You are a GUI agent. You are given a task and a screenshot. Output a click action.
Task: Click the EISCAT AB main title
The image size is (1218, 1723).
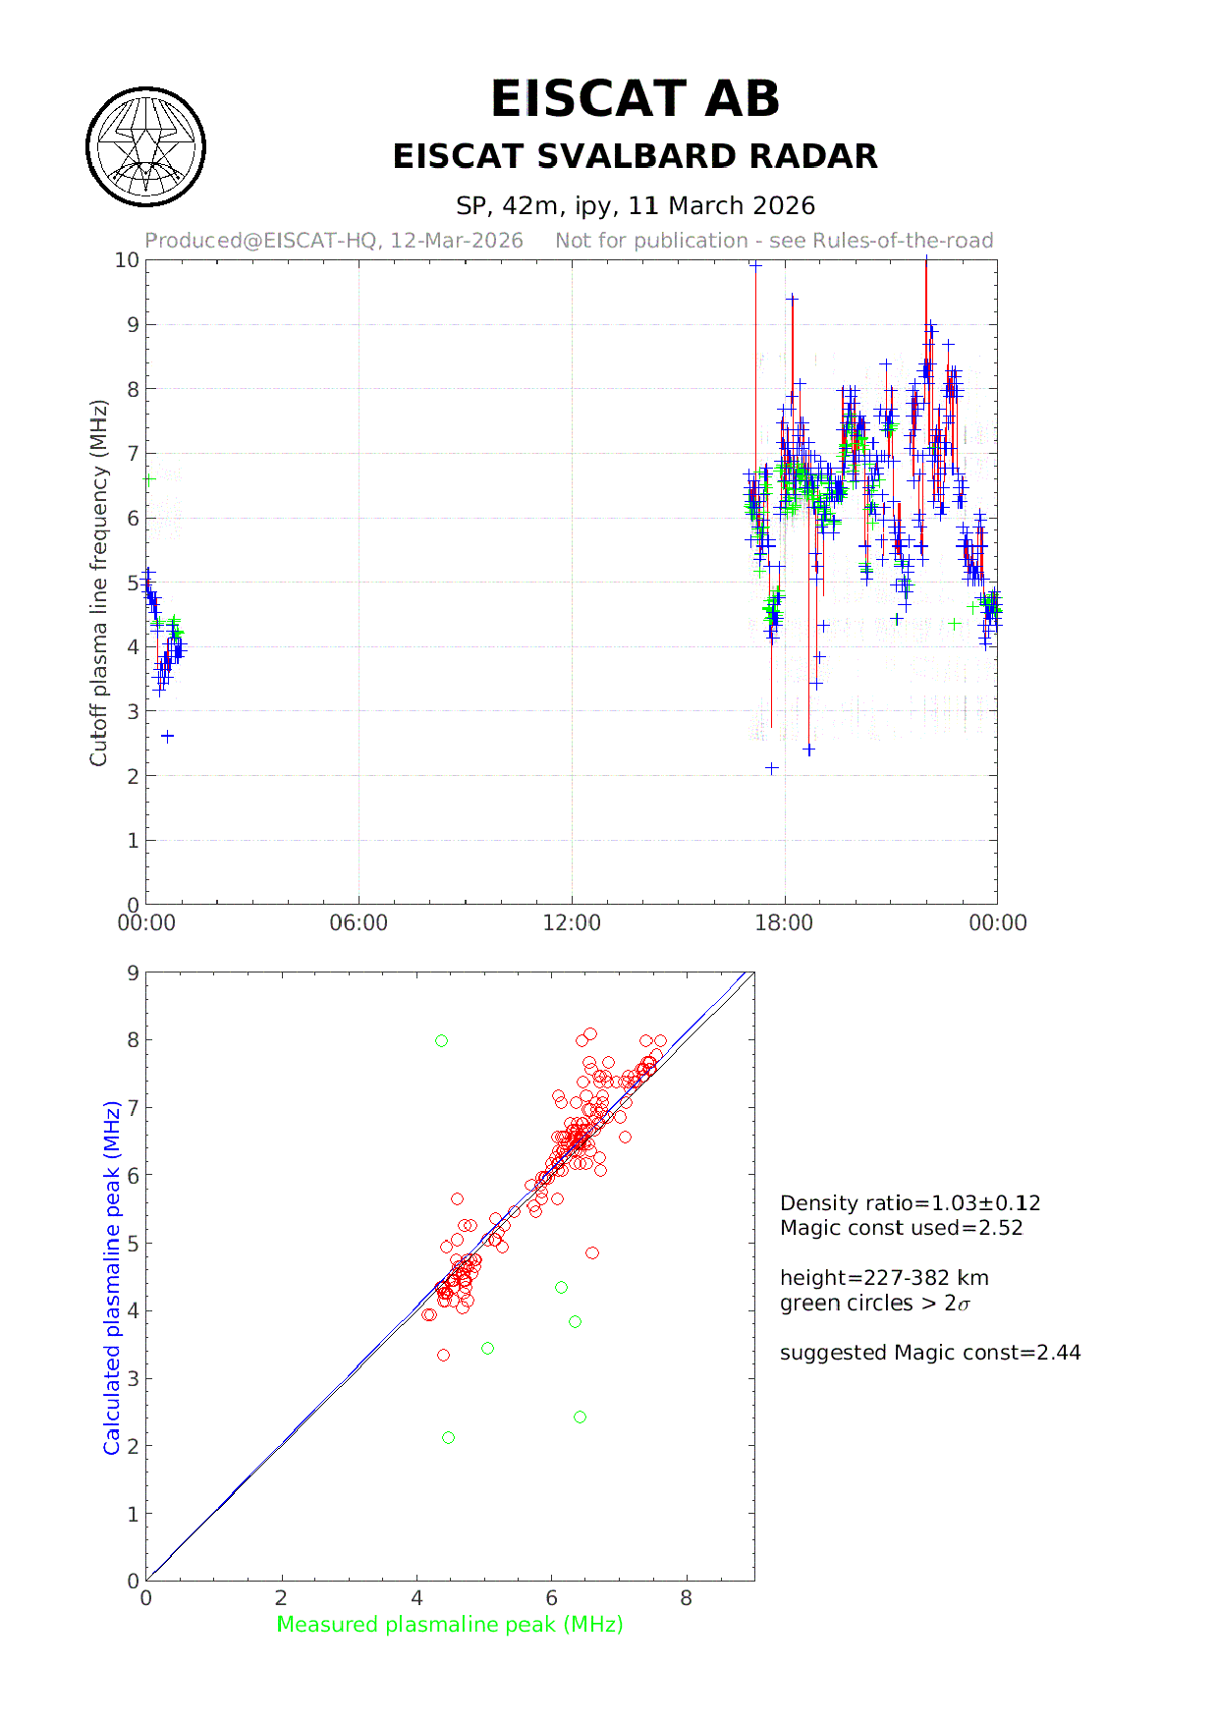click(x=635, y=99)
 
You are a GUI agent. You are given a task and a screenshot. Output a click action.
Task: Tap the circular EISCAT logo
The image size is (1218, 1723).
click(x=146, y=147)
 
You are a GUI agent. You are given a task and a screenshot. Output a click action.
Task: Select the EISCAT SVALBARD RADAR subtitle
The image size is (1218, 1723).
click(x=635, y=157)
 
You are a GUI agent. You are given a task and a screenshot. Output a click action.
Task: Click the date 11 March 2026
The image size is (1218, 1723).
click(x=721, y=206)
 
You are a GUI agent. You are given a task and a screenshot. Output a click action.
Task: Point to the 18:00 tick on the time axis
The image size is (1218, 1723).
click(x=784, y=923)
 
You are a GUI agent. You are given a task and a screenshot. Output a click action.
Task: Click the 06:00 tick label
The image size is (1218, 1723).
click(x=359, y=923)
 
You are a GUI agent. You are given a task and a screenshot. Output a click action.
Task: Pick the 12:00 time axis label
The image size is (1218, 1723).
click(x=572, y=923)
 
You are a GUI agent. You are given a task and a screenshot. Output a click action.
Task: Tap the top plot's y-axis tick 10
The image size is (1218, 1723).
click(x=127, y=260)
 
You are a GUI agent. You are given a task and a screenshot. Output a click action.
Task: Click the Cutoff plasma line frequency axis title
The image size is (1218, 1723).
click(x=98, y=583)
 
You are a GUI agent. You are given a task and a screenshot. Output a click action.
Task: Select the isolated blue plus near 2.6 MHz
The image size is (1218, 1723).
click(x=168, y=736)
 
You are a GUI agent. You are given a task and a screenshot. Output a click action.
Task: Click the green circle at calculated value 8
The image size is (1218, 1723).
click(x=442, y=1041)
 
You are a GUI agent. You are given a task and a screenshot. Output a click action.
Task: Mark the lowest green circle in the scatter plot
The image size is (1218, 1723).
click(x=449, y=1438)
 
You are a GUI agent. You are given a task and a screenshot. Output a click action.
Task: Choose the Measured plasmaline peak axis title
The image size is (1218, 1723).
click(x=450, y=1625)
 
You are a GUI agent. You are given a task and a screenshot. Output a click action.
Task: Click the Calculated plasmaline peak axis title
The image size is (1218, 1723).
click(x=112, y=1277)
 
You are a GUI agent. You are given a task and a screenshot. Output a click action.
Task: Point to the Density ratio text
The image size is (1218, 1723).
click(x=910, y=1203)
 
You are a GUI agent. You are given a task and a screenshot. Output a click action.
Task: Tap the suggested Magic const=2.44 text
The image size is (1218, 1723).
click(x=929, y=1353)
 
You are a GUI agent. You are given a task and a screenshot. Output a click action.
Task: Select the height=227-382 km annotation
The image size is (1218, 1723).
click(x=884, y=1278)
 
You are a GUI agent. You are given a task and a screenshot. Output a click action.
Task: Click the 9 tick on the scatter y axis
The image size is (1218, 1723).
click(x=133, y=973)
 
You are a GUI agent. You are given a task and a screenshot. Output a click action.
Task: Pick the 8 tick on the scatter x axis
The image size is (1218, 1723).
click(x=686, y=1598)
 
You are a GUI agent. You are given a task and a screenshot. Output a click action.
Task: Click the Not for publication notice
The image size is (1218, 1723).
click(x=774, y=241)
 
